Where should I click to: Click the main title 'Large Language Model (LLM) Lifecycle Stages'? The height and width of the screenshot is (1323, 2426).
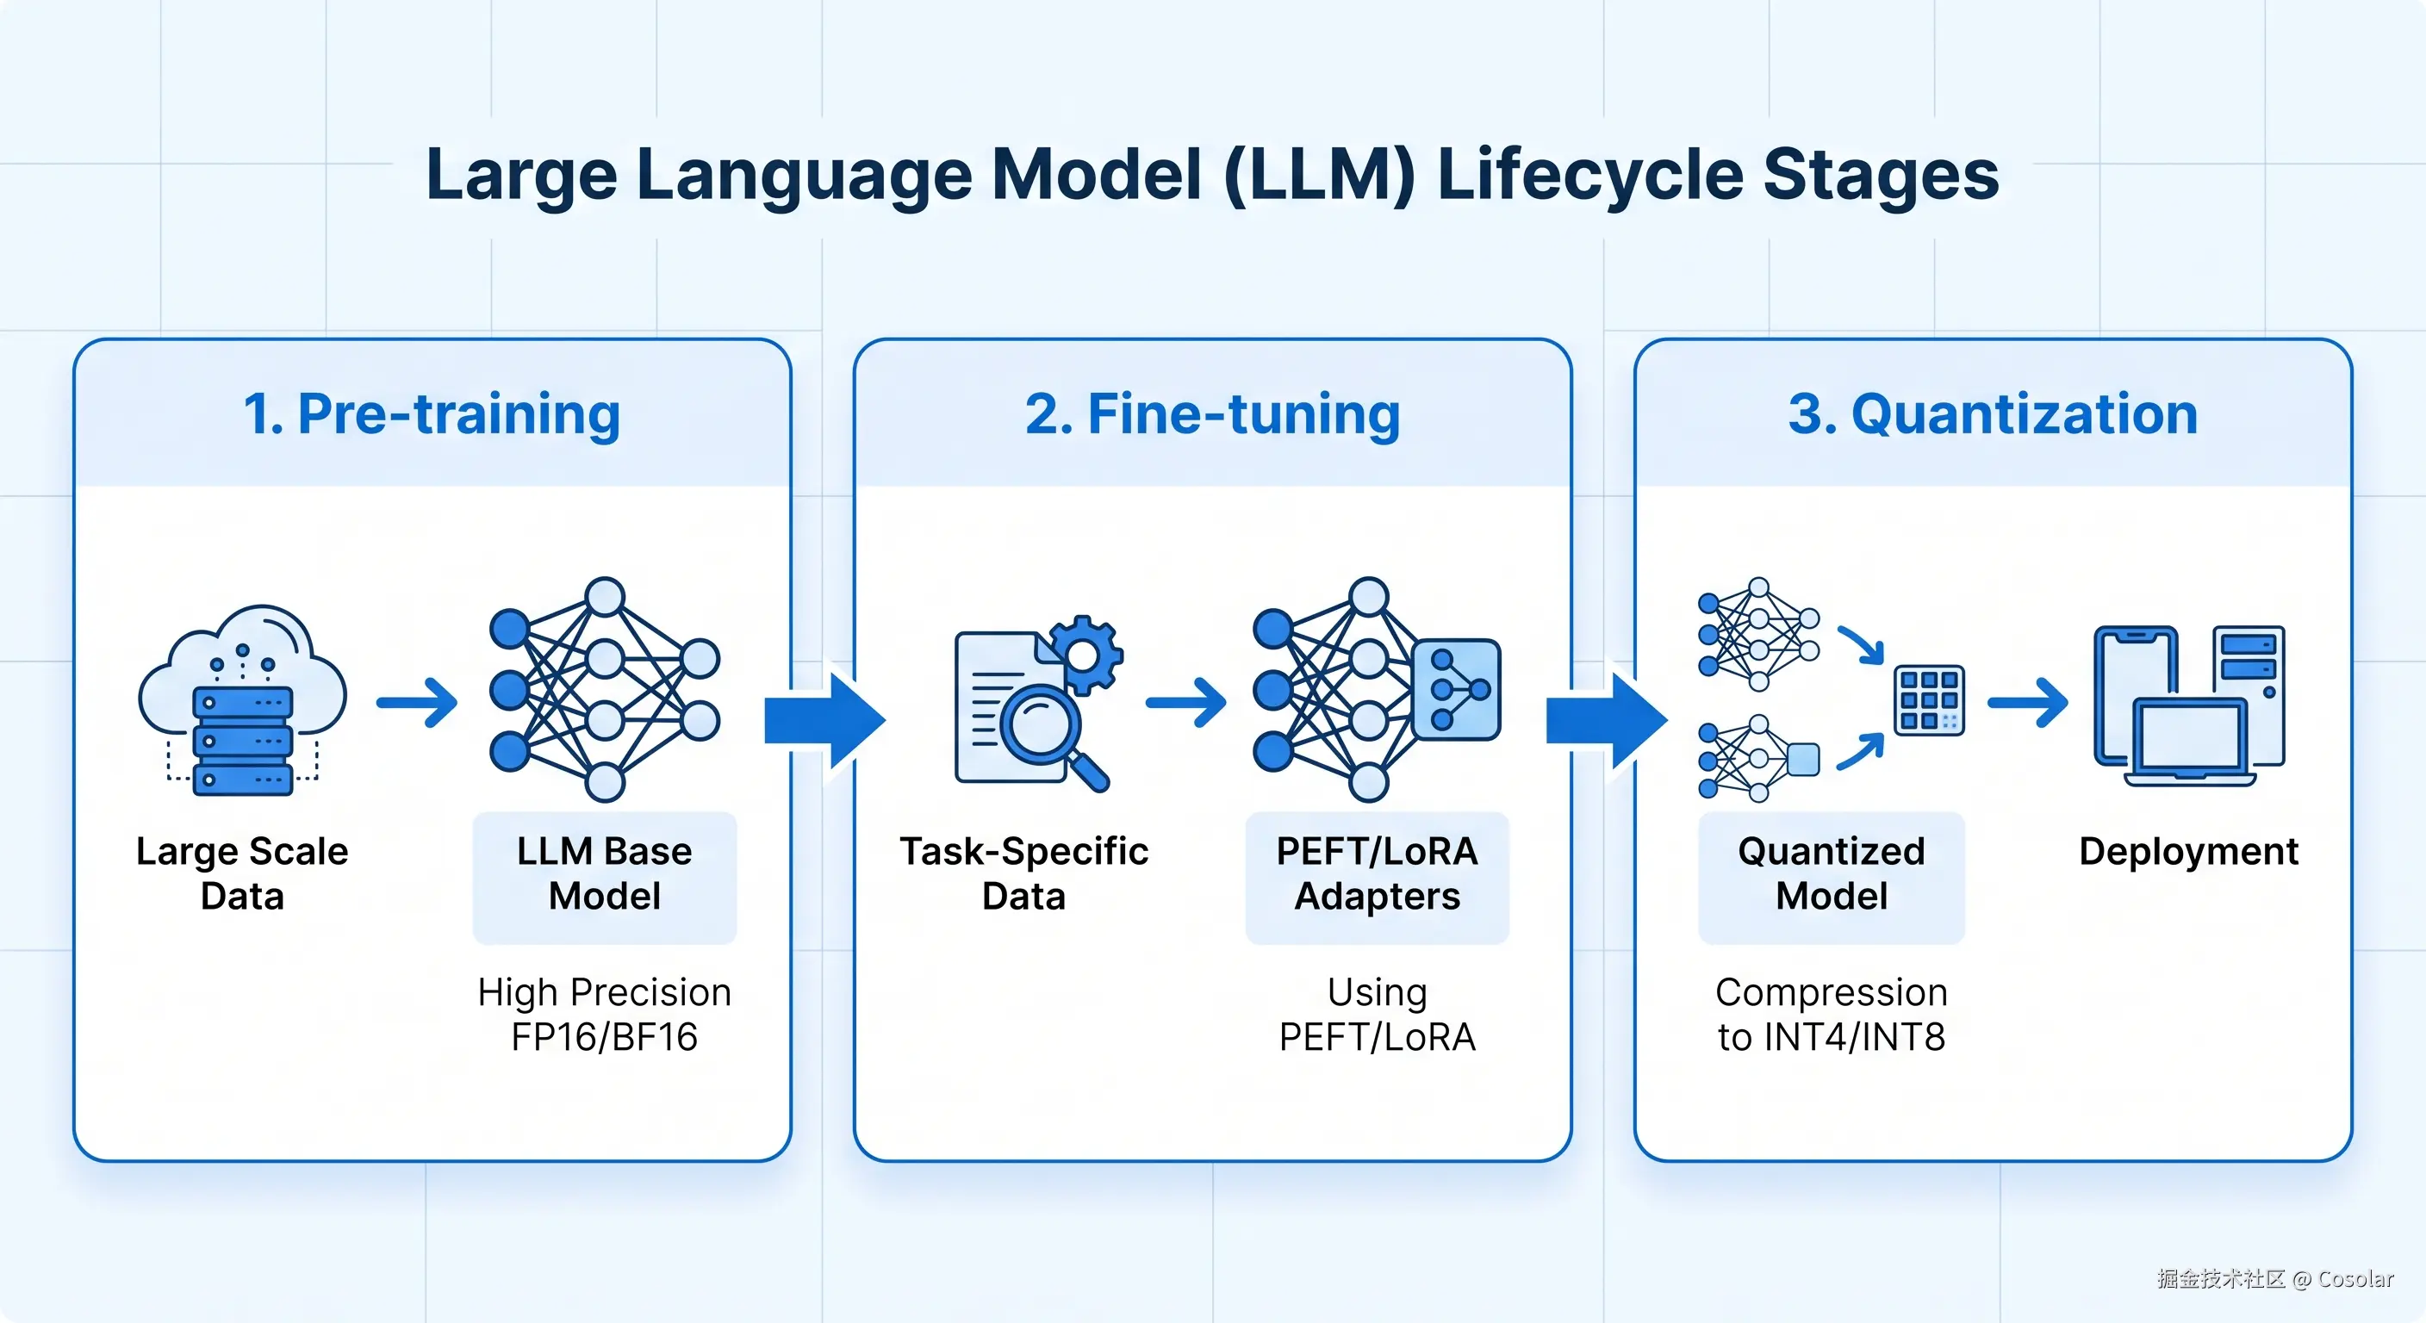pyautogui.click(x=1212, y=175)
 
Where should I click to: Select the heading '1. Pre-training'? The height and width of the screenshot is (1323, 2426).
pyautogui.click(x=432, y=414)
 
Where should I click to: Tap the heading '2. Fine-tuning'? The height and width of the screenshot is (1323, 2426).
pyautogui.click(x=1212, y=414)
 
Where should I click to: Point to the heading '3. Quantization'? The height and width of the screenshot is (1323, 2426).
pyautogui.click(x=1993, y=414)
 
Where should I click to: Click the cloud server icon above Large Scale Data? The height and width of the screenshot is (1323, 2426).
pyautogui.click(x=242, y=699)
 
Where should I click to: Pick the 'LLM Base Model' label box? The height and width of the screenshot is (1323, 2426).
pyautogui.click(x=605, y=878)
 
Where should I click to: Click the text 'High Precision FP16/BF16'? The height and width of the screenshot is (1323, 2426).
pyautogui.click(x=605, y=1014)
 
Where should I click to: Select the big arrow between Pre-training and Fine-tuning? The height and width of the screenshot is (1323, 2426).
pyautogui.click(x=825, y=720)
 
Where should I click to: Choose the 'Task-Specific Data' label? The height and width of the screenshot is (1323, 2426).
pyautogui.click(x=1023, y=873)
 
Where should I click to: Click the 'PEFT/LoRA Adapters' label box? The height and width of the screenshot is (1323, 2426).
pyautogui.click(x=1377, y=878)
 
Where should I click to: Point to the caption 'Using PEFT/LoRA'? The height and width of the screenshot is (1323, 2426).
pyautogui.click(x=1377, y=1014)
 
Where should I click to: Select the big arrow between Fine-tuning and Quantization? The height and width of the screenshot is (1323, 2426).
pyautogui.click(x=1607, y=720)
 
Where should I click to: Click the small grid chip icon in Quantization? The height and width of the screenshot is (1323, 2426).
pyautogui.click(x=1929, y=699)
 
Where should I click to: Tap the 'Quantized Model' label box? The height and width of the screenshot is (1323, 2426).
pyautogui.click(x=1832, y=878)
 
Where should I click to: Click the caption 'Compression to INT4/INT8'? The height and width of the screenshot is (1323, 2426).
pyautogui.click(x=1832, y=1014)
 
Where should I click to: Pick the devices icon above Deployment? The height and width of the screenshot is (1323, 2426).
pyautogui.click(x=2189, y=705)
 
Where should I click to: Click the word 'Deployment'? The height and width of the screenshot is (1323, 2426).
pyautogui.click(x=2189, y=851)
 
